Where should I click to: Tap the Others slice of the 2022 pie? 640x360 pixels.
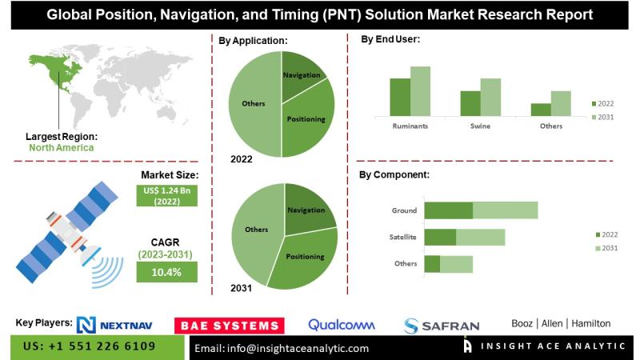click(x=252, y=104)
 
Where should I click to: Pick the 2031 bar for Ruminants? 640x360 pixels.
click(x=420, y=91)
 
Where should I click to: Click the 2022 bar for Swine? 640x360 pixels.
click(x=470, y=103)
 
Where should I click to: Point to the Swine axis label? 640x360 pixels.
click(x=480, y=126)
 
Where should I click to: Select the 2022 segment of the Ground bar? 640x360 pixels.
click(x=448, y=210)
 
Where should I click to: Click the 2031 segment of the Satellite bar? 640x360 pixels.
click(x=480, y=237)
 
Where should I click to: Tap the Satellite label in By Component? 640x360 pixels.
click(x=402, y=237)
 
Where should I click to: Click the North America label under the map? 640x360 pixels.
click(x=62, y=148)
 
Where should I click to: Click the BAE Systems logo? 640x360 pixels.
click(x=229, y=325)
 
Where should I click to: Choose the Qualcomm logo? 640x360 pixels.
click(x=342, y=325)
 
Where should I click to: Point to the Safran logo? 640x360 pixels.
click(x=442, y=326)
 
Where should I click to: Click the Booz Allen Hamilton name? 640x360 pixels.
click(x=561, y=323)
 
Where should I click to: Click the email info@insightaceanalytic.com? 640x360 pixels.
click(x=282, y=348)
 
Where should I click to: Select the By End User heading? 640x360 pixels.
click(x=390, y=39)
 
